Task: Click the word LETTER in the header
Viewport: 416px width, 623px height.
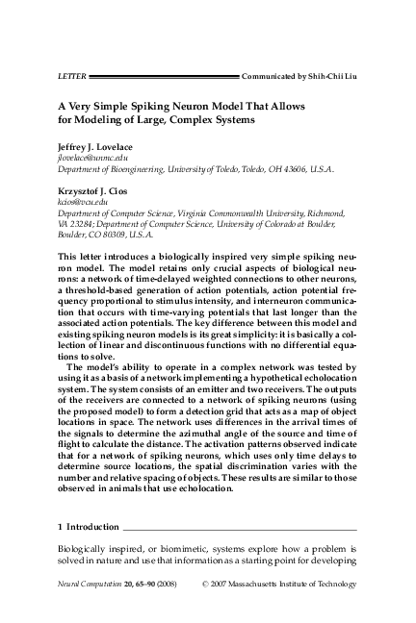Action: click(72, 73)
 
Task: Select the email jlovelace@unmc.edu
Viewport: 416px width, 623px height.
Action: click(93, 156)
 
